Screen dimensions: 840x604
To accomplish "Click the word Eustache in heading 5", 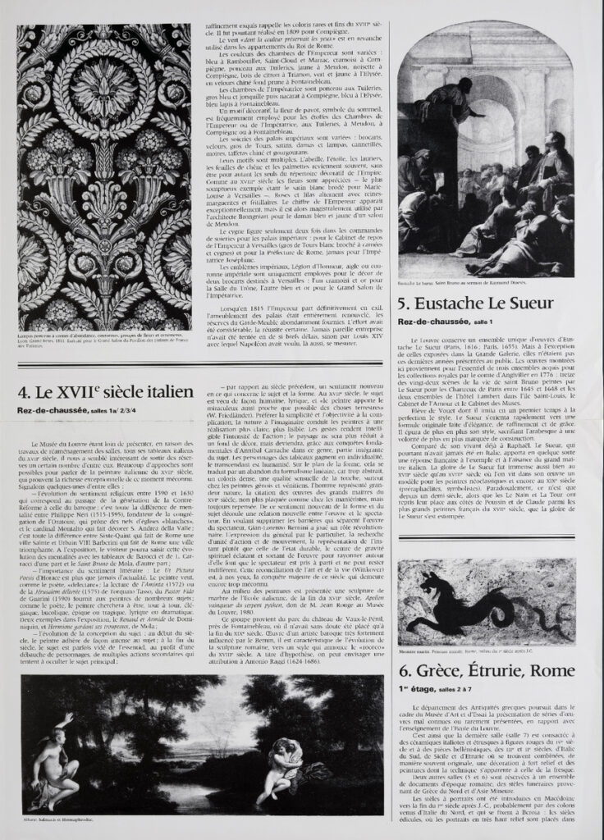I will [x=464, y=303].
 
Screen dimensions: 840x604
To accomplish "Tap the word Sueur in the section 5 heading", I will [x=552, y=303].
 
